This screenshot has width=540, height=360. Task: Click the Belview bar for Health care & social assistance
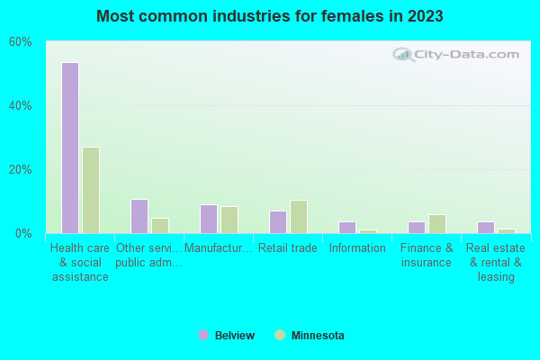point(69,148)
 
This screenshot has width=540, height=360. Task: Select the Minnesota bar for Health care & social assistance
point(91,190)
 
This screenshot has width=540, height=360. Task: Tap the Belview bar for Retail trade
point(277,222)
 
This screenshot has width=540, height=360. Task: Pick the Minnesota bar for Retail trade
point(299,216)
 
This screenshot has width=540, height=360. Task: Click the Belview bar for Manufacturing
point(208,219)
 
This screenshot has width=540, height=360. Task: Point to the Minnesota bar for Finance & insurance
point(437,223)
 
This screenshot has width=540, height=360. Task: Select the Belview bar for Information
point(346,227)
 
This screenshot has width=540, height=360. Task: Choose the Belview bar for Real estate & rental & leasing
point(485,227)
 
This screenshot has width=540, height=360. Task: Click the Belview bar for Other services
point(139,216)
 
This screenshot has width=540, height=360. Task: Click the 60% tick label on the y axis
point(20,42)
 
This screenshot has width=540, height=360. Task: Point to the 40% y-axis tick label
point(20,105)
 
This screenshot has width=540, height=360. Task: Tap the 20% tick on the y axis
point(20,169)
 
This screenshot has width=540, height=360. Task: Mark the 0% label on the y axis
point(23,233)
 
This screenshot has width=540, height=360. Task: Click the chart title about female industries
point(270,16)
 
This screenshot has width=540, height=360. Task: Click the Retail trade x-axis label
point(288,248)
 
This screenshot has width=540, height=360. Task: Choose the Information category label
point(357,248)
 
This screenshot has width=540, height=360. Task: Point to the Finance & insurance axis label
point(427,256)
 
